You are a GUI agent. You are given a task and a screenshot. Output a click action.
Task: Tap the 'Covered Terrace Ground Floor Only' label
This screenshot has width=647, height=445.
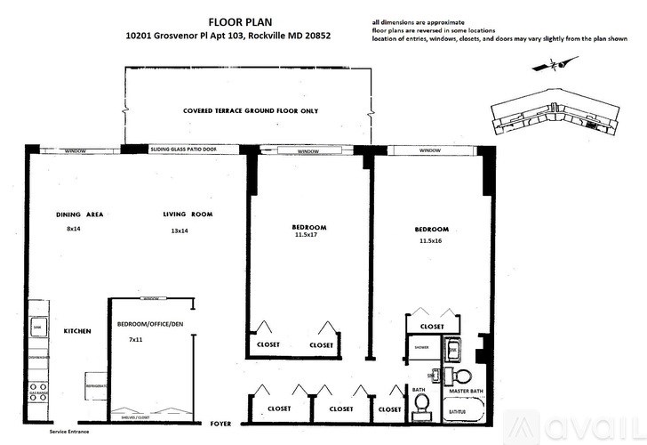click(x=250, y=111)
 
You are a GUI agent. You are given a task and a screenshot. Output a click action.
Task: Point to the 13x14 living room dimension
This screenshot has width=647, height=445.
click(x=180, y=231)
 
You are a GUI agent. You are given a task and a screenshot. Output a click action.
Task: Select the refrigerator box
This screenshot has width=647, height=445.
click(x=96, y=386)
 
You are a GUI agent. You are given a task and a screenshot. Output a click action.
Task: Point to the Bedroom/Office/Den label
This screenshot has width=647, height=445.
click(x=149, y=325)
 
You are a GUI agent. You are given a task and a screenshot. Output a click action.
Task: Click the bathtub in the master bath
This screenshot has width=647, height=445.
click(x=461, y=411)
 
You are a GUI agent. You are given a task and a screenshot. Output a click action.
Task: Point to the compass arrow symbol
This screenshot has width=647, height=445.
click(x=552, y=63)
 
